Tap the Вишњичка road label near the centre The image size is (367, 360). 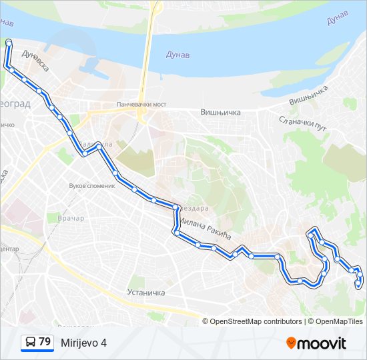tap(220, 113)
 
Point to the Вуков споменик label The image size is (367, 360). tap(93, 186)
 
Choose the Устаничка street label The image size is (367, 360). tap(145, 293)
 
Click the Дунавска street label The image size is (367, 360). tap(35, 60)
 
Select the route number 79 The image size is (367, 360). tap(45, 342)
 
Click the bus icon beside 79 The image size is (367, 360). tap(29, 343)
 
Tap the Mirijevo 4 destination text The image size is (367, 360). tap(83, 343)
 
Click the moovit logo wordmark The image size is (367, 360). tap(322, 343)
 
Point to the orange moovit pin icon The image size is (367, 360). tap(291, 343)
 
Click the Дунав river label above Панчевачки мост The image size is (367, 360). tap(176, 55)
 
